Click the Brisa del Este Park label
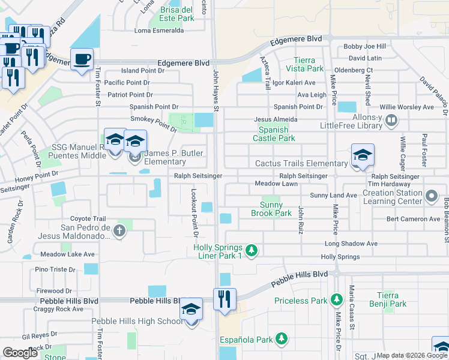[x=177, y=14]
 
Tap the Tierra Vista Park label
[x=309, y=64]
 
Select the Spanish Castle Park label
[x=277, y=134]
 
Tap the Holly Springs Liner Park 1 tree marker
[x=253, y=250]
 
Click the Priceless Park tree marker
[x=337, y=299]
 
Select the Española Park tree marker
[x=280, y=339]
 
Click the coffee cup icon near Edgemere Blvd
[x=82, y=59]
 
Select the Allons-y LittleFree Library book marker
[x=391, y=121]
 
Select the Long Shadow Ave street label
[x=351, y=244]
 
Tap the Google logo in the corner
[x=21, y=352]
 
